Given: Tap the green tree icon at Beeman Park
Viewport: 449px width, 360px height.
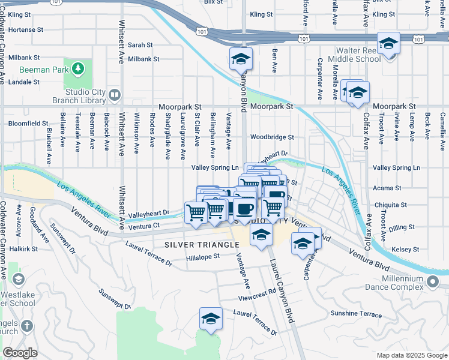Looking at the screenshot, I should coord(77,69).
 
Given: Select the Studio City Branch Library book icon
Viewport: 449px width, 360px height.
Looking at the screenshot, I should coord(114,95).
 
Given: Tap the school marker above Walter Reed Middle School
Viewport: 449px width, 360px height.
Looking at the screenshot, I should coord(388,44).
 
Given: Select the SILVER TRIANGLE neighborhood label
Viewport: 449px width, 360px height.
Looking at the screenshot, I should coord(202,245).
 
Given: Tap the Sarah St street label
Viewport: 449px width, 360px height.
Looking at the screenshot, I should coord(140,45).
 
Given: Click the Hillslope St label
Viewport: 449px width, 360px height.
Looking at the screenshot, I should coord(203,256).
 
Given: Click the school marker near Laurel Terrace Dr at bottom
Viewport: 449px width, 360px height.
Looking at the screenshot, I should coord(211,318).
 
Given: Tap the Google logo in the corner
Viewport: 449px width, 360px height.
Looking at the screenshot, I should coord(20,353).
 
